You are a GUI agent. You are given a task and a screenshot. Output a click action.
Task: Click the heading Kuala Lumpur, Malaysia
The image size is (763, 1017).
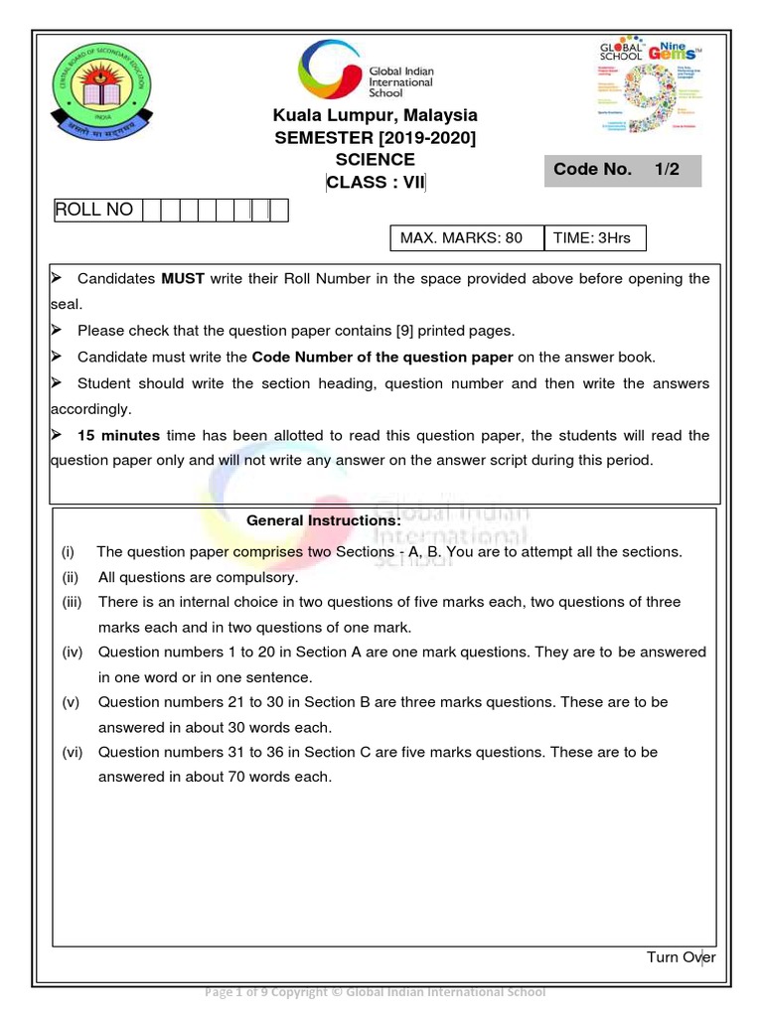pos(375,116)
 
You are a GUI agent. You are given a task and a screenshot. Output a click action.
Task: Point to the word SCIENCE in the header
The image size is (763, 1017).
pos(375,159)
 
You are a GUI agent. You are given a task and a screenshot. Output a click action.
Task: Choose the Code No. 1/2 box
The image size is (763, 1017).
pos(622,170)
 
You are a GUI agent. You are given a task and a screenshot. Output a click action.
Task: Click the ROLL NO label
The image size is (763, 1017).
pos(94,210)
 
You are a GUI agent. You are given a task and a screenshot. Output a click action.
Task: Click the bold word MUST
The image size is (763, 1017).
pos(183,279)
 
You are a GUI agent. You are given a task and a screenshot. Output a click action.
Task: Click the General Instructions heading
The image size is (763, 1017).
pos(324,520)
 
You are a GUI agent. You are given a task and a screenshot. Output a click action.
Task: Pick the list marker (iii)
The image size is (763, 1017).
pos(74,602)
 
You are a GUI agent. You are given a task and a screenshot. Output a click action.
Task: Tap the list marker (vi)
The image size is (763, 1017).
pos(73,753)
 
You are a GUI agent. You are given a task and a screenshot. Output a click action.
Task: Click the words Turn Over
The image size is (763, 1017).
pos(681,957)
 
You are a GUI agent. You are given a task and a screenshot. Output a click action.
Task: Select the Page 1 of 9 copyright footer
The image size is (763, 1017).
pos(375,991)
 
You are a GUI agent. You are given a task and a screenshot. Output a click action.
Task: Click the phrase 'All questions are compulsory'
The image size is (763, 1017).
pos(198,577)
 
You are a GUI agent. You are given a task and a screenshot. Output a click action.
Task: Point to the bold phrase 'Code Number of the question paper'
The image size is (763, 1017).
pos(382,357)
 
